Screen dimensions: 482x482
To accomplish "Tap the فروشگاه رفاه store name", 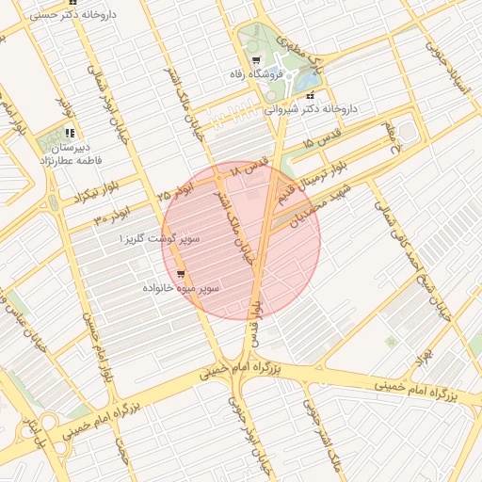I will pyautogui.click(x=252, y=73).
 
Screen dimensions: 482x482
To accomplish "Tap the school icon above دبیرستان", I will pyautogui.click(x=70, y=134).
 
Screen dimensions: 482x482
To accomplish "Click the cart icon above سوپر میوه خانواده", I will pyautogui.click(x=181, y=275).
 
